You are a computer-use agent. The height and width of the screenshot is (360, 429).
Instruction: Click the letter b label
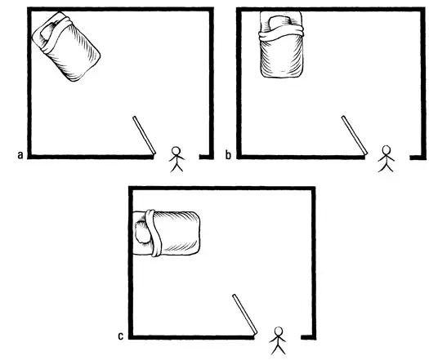pos(228,153)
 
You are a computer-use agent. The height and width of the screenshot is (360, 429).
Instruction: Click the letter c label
pos(121,335)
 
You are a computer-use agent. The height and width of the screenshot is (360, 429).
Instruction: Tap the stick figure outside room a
pos(176,160)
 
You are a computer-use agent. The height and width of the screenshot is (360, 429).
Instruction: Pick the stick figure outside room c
pos(279,341)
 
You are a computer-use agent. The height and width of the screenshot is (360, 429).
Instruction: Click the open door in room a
pos(144,136)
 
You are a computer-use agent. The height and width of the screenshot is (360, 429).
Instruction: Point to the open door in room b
pos(354,136)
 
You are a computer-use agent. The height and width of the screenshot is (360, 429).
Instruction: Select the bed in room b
pos(282,47)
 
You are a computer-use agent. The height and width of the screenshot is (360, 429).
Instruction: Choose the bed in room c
pos(168,232)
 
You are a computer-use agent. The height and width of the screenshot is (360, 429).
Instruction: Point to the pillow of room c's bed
pos(143,232)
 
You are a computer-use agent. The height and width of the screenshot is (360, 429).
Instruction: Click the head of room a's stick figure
pos(176,151)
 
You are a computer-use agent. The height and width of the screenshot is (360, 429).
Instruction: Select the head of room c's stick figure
pos(279,332)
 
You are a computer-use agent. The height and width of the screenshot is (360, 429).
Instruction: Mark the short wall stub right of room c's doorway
pos(307,336)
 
